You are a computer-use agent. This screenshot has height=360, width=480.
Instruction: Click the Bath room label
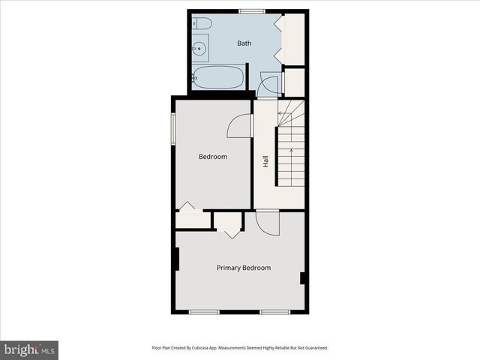pyautogui.click(x=244, y=43)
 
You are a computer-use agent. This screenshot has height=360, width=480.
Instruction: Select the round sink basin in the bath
pyautogui.click(x=199, y=49)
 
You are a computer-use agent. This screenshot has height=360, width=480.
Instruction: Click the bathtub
pyautogui.click(x=218, y=77)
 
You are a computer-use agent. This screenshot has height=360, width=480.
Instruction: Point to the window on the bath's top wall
pyautogui.click(x=251, y=11)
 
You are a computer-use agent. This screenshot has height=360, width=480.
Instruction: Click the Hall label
pyautogui.click(x=265, y=161)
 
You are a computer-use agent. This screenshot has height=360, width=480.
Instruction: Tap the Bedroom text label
pyautogui.click(x=212, y=157)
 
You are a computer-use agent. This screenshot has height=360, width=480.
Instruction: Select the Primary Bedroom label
pyautogui.click(x=243, y=268)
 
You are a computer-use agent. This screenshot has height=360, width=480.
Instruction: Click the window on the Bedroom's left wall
pyautogui.click(x=173, y=128)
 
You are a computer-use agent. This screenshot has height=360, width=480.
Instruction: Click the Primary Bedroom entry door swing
pyautogui.click(x=266, y=223)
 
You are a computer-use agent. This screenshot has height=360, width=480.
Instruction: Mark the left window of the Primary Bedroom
pyautogui.click(x=203, y=311)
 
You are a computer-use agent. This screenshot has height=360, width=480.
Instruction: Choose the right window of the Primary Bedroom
pyautogui.click(x=274, y=311)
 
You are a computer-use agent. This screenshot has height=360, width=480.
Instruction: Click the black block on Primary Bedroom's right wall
pyautogui.click(x=303, y=278)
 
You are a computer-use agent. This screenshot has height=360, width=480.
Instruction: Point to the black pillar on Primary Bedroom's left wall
pyautogui.click(x=175, y=259)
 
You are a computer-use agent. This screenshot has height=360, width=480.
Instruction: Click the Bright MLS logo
pyautogui.click(x=29, y=349)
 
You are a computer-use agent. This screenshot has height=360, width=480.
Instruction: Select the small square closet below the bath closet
pyautogui.click(x=295, y=82)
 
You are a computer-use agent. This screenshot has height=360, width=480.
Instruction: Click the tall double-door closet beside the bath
pyautogui.click(x=293, y=39)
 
